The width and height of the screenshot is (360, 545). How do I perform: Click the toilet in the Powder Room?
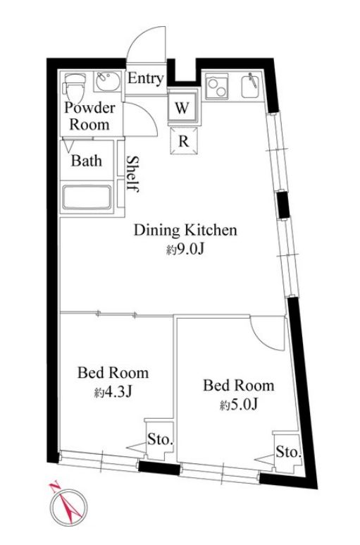click(x=74, y=86)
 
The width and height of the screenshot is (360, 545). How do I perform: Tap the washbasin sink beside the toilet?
click(x=108, y=82)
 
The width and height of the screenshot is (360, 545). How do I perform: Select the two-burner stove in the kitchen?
click(x=218, y=85)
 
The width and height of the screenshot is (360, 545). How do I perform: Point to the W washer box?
click(x=182, y=107)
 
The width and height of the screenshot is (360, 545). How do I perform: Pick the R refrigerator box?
click(x=184, y=141)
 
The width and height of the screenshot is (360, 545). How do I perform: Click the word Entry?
click(x=145, y=78)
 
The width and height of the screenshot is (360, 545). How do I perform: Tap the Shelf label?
click(x=132, y=173)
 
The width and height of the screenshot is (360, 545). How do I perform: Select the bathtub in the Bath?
click(x=87, y=197)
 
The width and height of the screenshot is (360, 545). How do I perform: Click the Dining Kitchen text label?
click(x=185, y=231)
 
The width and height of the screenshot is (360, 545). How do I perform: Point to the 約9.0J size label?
click(x=185, y=249)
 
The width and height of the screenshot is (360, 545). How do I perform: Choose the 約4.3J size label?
click(x=113, y=393)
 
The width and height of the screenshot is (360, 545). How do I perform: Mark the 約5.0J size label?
click(x=239, y=405)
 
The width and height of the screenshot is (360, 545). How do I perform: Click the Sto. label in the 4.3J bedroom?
click(x=160, y=440)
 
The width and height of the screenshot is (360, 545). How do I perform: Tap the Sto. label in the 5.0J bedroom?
click(x=288, y=452)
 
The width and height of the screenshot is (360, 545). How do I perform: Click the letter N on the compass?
click(x=54, y=487)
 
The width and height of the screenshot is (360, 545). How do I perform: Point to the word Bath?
click(x=87, y=161)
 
